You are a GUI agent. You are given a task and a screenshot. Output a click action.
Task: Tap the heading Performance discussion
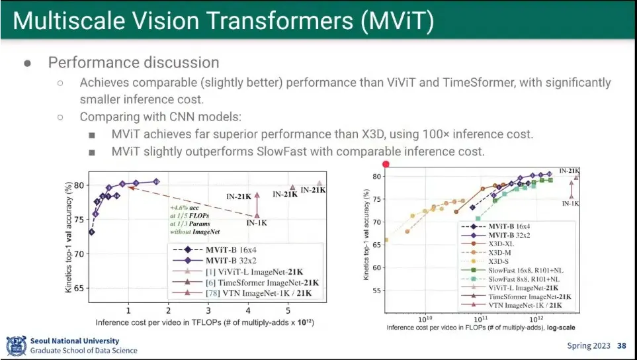click(x=133, y=63)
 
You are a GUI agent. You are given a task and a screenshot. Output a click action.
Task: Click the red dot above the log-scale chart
click(x=386, y=164)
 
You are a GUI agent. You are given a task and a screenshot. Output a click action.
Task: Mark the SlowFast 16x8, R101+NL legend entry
click(x=529, y=270)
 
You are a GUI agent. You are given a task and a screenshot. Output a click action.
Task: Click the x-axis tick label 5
click(x=288, y=310)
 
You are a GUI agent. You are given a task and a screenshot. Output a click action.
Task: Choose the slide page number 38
click(x=621, y=345)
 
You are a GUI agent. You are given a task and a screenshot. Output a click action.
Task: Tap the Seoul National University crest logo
click(x=16, y=345)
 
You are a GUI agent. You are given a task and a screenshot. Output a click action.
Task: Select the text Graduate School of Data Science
click(x=84, y=351)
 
